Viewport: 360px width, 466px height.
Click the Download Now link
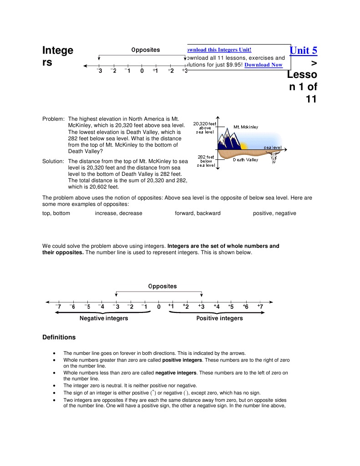pyautogui.click(x=263, y=65)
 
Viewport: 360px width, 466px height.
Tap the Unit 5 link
pyautogui.click(x=303, y=50)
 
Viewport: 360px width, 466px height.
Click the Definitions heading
pyautogui.click(x=59, y=338)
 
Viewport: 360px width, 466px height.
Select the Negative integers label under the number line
pyautogui.click(x=104, y=318)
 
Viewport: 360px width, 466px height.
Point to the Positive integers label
pyautogui.click(x=219, y=318)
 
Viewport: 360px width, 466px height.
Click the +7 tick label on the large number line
pyautogui.click(x=259, y=307)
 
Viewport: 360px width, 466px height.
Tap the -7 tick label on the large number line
pyautogui.click(x=58, y=307)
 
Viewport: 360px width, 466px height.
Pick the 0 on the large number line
pyautogui.click(x=159, y=307)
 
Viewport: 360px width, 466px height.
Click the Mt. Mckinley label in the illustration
pyautogui.click(x=246, y=127)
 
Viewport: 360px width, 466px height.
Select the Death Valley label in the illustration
pyautogui.click(x=246, y=160)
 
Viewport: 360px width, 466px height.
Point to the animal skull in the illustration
pyautogui.click(x=274, y=159)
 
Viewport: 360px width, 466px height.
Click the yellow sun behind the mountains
pyautogui.click(x=243, y=146)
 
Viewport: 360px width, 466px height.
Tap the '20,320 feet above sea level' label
pyautogui.click(x=205, y=128)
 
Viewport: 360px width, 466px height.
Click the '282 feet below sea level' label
pyautogui.click(x=206, y=161)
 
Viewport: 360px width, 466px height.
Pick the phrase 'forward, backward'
pyautogui.click(x=198, y=213)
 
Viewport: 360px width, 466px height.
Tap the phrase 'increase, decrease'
pyautogui.click(x=118, y=213)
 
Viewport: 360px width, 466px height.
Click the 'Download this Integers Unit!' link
pyautogui.click(x=218, y=50)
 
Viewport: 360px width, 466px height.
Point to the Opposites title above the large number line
pyautogui.click(x=162, y=286)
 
